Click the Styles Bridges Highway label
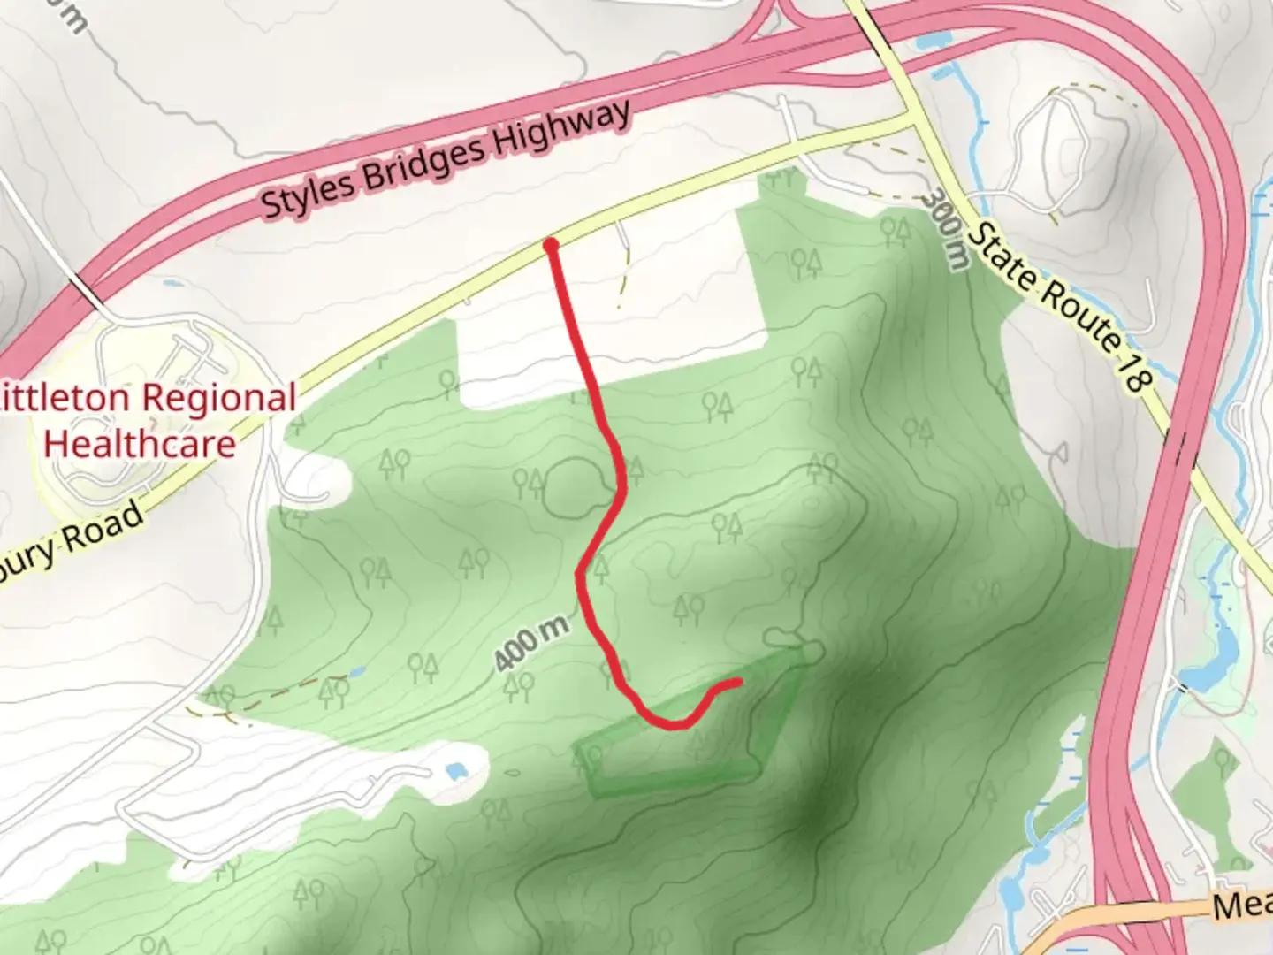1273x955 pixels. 446,159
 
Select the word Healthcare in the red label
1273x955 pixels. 140,442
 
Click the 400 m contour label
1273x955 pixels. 530,644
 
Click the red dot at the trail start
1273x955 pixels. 551,245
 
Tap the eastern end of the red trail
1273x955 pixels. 736,682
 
